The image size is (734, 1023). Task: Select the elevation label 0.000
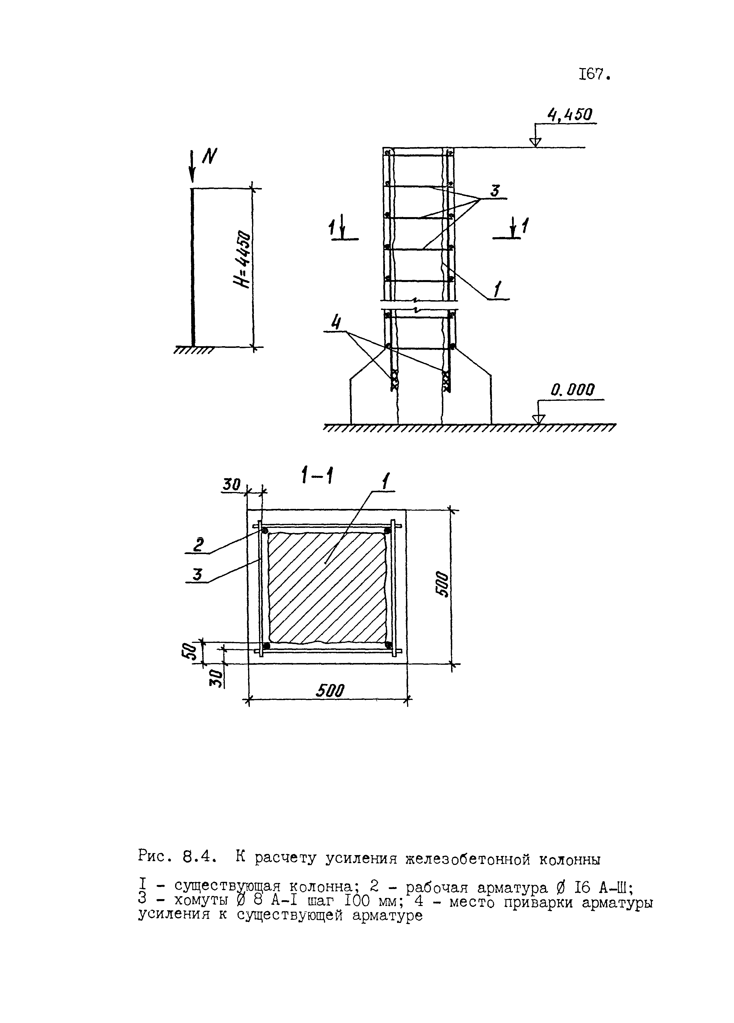click(x=572, y=389)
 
